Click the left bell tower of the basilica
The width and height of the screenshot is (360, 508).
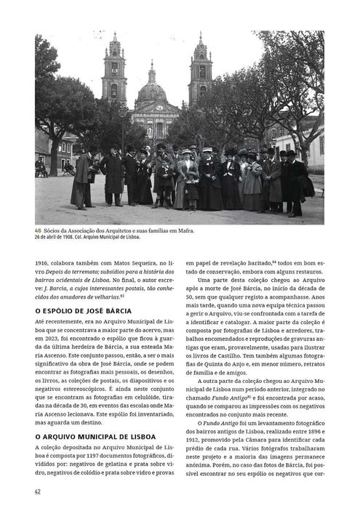(114, 69)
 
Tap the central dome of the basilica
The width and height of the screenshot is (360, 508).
(152, 90)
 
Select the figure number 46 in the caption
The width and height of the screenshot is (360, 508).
(38, 230)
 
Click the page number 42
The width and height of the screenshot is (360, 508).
(38, 491)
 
